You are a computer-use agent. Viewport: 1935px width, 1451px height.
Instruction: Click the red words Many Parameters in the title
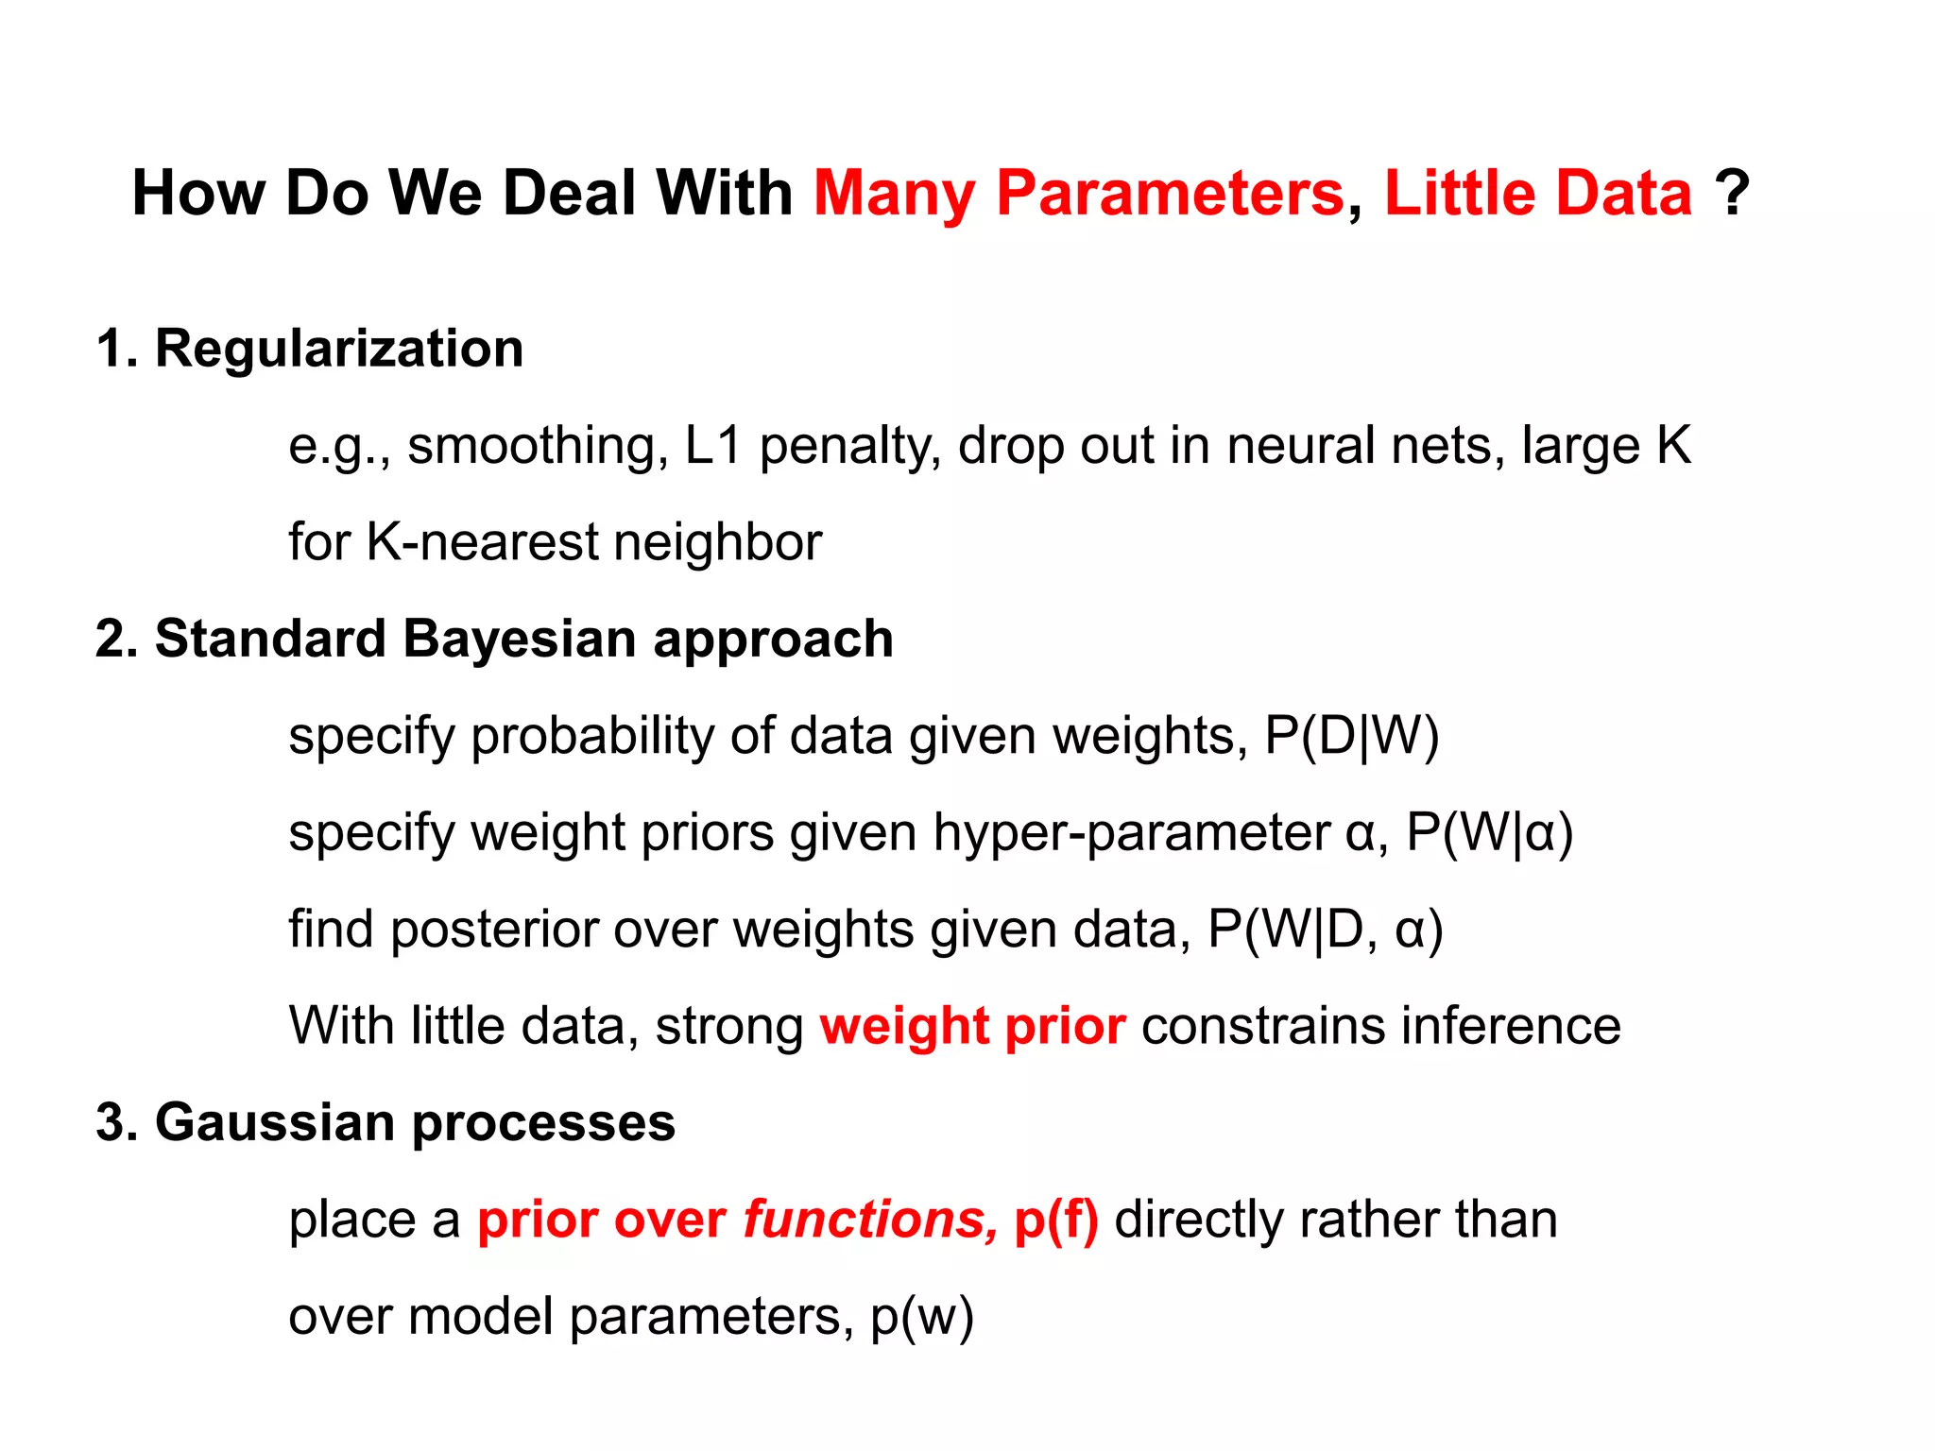point(1077,194)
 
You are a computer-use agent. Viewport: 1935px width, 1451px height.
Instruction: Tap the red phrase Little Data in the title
point(1537,194)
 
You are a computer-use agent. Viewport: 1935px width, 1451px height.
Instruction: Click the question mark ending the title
point(1732,194)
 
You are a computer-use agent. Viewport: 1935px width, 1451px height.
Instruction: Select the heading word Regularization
point(338,349)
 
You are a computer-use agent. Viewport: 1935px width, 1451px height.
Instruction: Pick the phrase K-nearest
point(482,542)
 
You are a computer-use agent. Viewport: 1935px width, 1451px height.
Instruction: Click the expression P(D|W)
point(1351,736)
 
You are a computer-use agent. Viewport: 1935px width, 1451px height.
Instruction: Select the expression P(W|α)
point(1489,833)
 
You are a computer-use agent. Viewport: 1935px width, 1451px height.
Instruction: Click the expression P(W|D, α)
point(1325,930)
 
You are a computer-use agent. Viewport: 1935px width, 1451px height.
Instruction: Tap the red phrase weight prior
point(972,1027)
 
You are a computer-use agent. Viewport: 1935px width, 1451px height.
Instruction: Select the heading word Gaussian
point(275,1123)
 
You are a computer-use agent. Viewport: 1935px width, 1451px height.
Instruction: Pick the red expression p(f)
point(1055,1221)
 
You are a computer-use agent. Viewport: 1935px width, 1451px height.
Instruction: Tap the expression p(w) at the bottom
point(921,1317)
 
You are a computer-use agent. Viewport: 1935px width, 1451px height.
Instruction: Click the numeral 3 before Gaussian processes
point(111,1123)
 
